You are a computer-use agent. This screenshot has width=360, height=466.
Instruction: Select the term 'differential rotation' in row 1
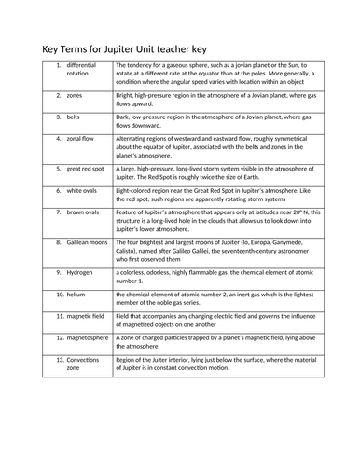tap(81, 71)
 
